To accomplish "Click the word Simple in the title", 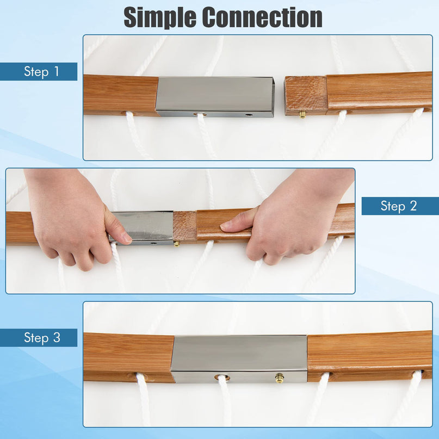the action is pos(160,17).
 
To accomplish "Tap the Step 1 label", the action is pos(41,71).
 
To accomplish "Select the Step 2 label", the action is pos(399,206).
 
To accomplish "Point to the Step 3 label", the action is pos(42,337).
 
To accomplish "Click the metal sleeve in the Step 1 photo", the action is pos(215,97).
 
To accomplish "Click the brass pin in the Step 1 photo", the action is pos(302,114).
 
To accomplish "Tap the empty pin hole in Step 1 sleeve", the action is pos(249,115).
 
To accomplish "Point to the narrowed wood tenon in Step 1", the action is pos(306,96).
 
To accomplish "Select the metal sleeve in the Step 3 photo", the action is pos(239,359).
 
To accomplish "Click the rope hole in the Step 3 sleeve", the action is pos(222,378).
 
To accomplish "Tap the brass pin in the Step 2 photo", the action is pos(177,243).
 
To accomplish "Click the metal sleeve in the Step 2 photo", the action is pos(141,228).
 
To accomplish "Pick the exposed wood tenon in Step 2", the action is pos(185,226).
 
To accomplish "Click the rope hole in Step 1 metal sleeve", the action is pos(201,114).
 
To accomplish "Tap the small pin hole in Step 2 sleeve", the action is pos(153,243).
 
